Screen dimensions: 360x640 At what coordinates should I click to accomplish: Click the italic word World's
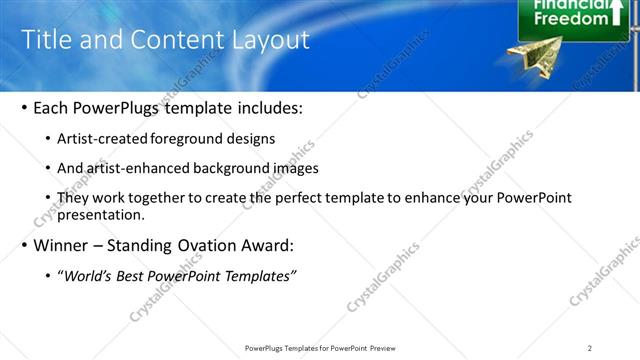pyautogui.click(x=88, y=276)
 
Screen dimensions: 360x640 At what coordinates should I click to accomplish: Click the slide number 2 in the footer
pyautogui.click(x=590, y=348)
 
